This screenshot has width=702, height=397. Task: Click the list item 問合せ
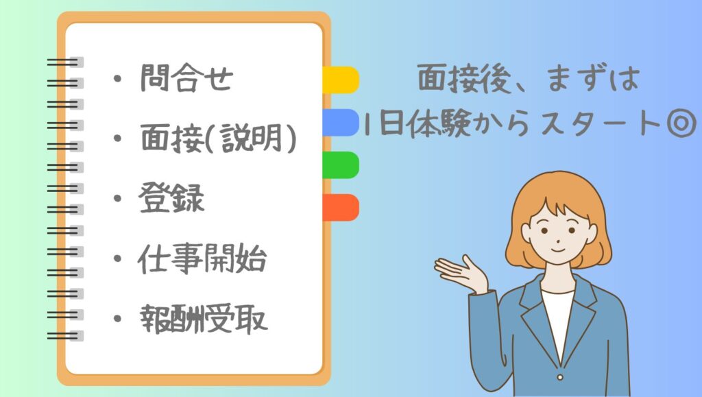tap(186, 78)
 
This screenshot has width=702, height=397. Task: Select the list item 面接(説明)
tap(218, 138)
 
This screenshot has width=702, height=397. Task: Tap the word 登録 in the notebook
tap(171, 198)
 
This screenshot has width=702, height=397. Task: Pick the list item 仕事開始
tap(202, 258)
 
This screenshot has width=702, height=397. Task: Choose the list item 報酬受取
tap(204, 319)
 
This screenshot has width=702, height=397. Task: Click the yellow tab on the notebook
tap(341, 80)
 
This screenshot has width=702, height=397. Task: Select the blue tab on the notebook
tap(341, 122)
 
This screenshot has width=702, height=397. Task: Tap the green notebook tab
tap(341, 165)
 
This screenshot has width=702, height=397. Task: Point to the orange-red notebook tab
tap(341, 207)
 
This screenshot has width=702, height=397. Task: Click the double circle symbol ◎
tap(681, 123)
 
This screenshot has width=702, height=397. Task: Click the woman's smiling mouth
tap(557, 248)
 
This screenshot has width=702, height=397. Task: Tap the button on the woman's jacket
tap(560, 377)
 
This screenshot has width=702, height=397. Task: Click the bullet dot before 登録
tap(118, 198)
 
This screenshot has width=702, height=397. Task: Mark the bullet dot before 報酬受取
tap(118, 319)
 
